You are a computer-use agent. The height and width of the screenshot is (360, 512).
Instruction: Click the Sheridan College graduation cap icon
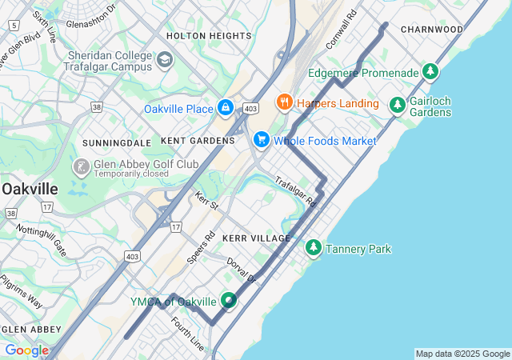(165, 59)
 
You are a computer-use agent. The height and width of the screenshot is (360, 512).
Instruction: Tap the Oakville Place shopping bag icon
(226, 108)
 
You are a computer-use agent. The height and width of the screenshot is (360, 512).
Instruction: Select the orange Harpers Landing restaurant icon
(283, 102)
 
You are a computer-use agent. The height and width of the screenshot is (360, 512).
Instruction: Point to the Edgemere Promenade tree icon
(431, 72)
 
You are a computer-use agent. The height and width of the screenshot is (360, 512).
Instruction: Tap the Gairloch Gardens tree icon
(397, 105)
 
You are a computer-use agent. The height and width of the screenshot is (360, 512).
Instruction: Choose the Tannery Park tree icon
(314, 249)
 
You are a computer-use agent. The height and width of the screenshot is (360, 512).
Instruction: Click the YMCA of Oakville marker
(229, 301)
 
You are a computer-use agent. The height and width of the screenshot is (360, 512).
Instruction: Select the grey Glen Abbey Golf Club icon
(81, 167)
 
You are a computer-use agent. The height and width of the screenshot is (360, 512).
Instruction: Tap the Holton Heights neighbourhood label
(208, 36)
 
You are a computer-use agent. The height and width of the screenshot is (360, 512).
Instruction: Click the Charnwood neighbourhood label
(432, 30)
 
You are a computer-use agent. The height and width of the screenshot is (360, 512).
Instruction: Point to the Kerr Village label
(256, 239)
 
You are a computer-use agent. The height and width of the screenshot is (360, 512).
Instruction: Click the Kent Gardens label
(198, 141)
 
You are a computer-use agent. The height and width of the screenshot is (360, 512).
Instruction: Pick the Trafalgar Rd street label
(296, 192)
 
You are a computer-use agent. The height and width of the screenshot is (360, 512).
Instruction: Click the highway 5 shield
(13, 26)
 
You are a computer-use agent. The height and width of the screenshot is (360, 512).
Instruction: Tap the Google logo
(26, 350)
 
